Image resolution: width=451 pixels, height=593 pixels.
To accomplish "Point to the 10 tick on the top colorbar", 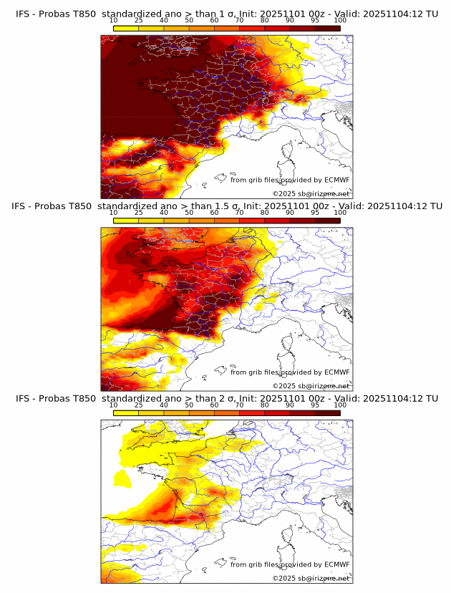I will click(x=114, y=20).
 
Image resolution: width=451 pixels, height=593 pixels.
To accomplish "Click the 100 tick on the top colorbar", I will click(x=340, y=20).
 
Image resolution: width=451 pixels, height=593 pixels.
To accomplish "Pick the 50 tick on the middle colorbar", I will click(x=189, y=213).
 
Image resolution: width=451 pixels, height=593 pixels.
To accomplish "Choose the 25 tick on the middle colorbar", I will click(x=138, y=213).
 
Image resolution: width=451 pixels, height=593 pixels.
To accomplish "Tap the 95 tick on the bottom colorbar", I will click(x=315, y=405).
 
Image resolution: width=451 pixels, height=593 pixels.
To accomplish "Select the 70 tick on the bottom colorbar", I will click(x=240, y=405).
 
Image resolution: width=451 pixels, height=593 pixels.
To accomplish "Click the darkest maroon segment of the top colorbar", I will click(x=327, y=28).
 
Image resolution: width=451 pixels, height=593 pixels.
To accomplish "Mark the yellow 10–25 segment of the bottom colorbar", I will click(x=126, y=413).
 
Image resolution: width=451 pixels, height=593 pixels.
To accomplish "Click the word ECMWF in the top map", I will click(x=336, y=180).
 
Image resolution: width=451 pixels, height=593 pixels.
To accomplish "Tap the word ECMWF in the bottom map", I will click(x=336, y=564).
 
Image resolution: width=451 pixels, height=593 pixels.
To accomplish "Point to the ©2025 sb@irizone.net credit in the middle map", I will click(x=311, y=385).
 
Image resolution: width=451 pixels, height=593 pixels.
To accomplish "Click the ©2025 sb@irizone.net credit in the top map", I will click(x=311, y=193).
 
